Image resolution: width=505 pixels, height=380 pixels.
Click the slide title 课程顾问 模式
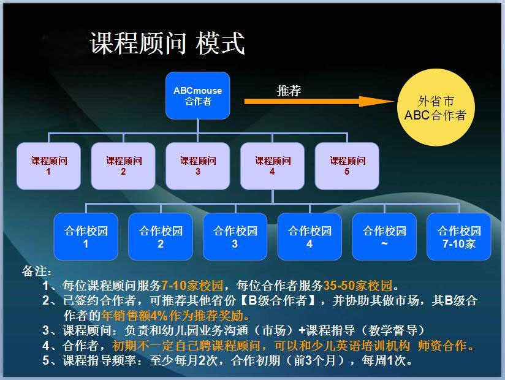(x=167, y=43)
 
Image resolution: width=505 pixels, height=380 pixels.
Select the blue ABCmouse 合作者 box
(x=198, y=96)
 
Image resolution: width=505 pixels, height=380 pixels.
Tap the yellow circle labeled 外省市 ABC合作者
(x=436, y=107)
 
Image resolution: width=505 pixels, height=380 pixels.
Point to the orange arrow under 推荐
(x=319, y=102)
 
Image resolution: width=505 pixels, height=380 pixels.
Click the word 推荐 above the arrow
(x=289, y=91)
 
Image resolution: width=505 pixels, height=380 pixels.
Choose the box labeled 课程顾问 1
(x=48, y=166)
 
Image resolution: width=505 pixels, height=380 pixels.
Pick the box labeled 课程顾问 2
(x=123, y=166)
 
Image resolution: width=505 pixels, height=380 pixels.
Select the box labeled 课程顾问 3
(x=198, y=166)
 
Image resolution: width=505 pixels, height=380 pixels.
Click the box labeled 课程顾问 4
(x=273, y=166)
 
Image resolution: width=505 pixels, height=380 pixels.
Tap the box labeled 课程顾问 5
(x=347, y=166)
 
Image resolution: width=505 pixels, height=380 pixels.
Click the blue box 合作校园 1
(x=86, y=237)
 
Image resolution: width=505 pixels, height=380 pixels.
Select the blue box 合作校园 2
(x=161, y=237)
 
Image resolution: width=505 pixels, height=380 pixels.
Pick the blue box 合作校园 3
(x=235, y=237)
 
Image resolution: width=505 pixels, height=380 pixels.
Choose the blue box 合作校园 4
(x=309, y=237)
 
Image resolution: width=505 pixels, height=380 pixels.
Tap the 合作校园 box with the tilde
(x=384, y=237)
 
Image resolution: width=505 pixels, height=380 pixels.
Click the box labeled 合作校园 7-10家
(x=458, y=237)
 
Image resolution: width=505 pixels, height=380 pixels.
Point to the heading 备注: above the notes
(x=37, y=271)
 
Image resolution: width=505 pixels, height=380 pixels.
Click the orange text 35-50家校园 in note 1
(x=358, y=286)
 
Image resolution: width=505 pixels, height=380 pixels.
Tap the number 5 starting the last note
(x=46, y=360)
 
